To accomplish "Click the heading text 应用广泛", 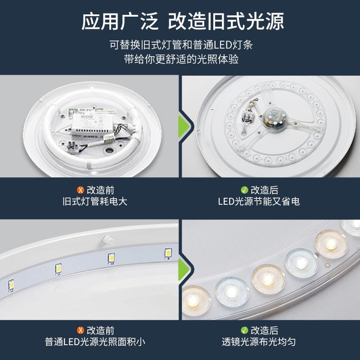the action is (120, 21).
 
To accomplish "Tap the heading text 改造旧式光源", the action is (226, 21).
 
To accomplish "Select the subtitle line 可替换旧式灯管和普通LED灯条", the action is (181, 45).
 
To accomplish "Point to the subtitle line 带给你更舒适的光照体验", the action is (181, 59).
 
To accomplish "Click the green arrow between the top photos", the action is (184, 126).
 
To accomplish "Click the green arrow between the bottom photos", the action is (184, 270).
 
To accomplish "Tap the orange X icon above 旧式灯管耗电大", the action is (81, 190).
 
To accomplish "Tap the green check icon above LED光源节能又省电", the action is (244, 190).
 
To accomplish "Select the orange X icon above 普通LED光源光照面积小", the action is (81, 330).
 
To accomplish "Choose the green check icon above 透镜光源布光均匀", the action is (244, 330).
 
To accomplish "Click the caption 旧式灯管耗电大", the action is (95, 202).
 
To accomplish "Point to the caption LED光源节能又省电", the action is (259, 202).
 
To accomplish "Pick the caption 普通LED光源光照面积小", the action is (95, 342).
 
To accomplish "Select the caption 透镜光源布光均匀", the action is (259, 342).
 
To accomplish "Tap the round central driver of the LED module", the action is (274, 120).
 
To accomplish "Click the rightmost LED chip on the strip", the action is (168, 253).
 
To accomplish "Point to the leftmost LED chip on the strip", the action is (11, 285).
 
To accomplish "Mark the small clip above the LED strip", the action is (108, 240).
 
